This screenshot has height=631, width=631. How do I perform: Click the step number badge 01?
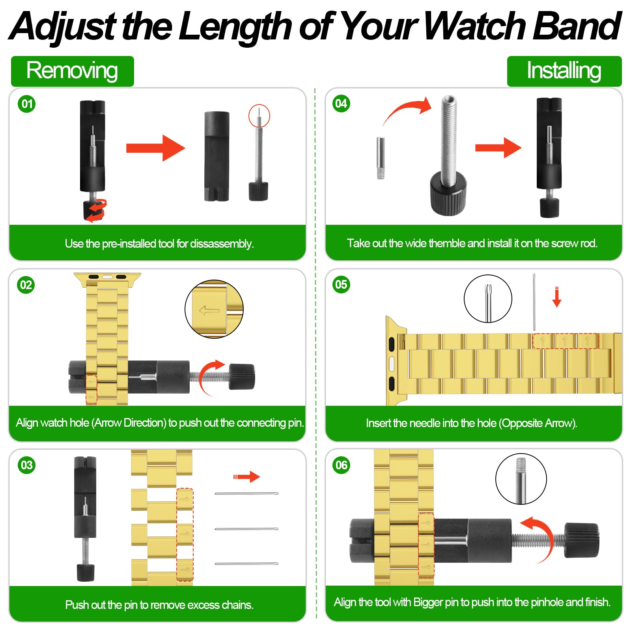[27, 104]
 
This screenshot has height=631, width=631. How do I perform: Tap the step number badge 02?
[26, 285]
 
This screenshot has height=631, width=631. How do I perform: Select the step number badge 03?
[26, 465]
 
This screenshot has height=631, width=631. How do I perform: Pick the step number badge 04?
[341, 104]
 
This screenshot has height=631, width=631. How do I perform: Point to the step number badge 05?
[341, 284]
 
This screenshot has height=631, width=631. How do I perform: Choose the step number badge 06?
[341, 465]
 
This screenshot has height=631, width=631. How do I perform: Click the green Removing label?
[73, 71]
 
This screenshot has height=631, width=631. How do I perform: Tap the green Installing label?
[564, 71]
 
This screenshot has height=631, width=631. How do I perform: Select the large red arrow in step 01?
[155, 148]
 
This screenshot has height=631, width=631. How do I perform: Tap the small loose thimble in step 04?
[381, 158]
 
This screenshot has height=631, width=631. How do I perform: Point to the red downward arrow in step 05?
[557, 297]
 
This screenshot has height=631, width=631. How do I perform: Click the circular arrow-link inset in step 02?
[214, 309]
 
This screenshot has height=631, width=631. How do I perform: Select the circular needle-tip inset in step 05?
[488, 299]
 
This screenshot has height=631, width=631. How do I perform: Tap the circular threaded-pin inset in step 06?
[521, 479]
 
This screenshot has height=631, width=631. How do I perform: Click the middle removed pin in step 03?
[246, 529]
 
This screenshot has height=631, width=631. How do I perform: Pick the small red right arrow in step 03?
[246, 477]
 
